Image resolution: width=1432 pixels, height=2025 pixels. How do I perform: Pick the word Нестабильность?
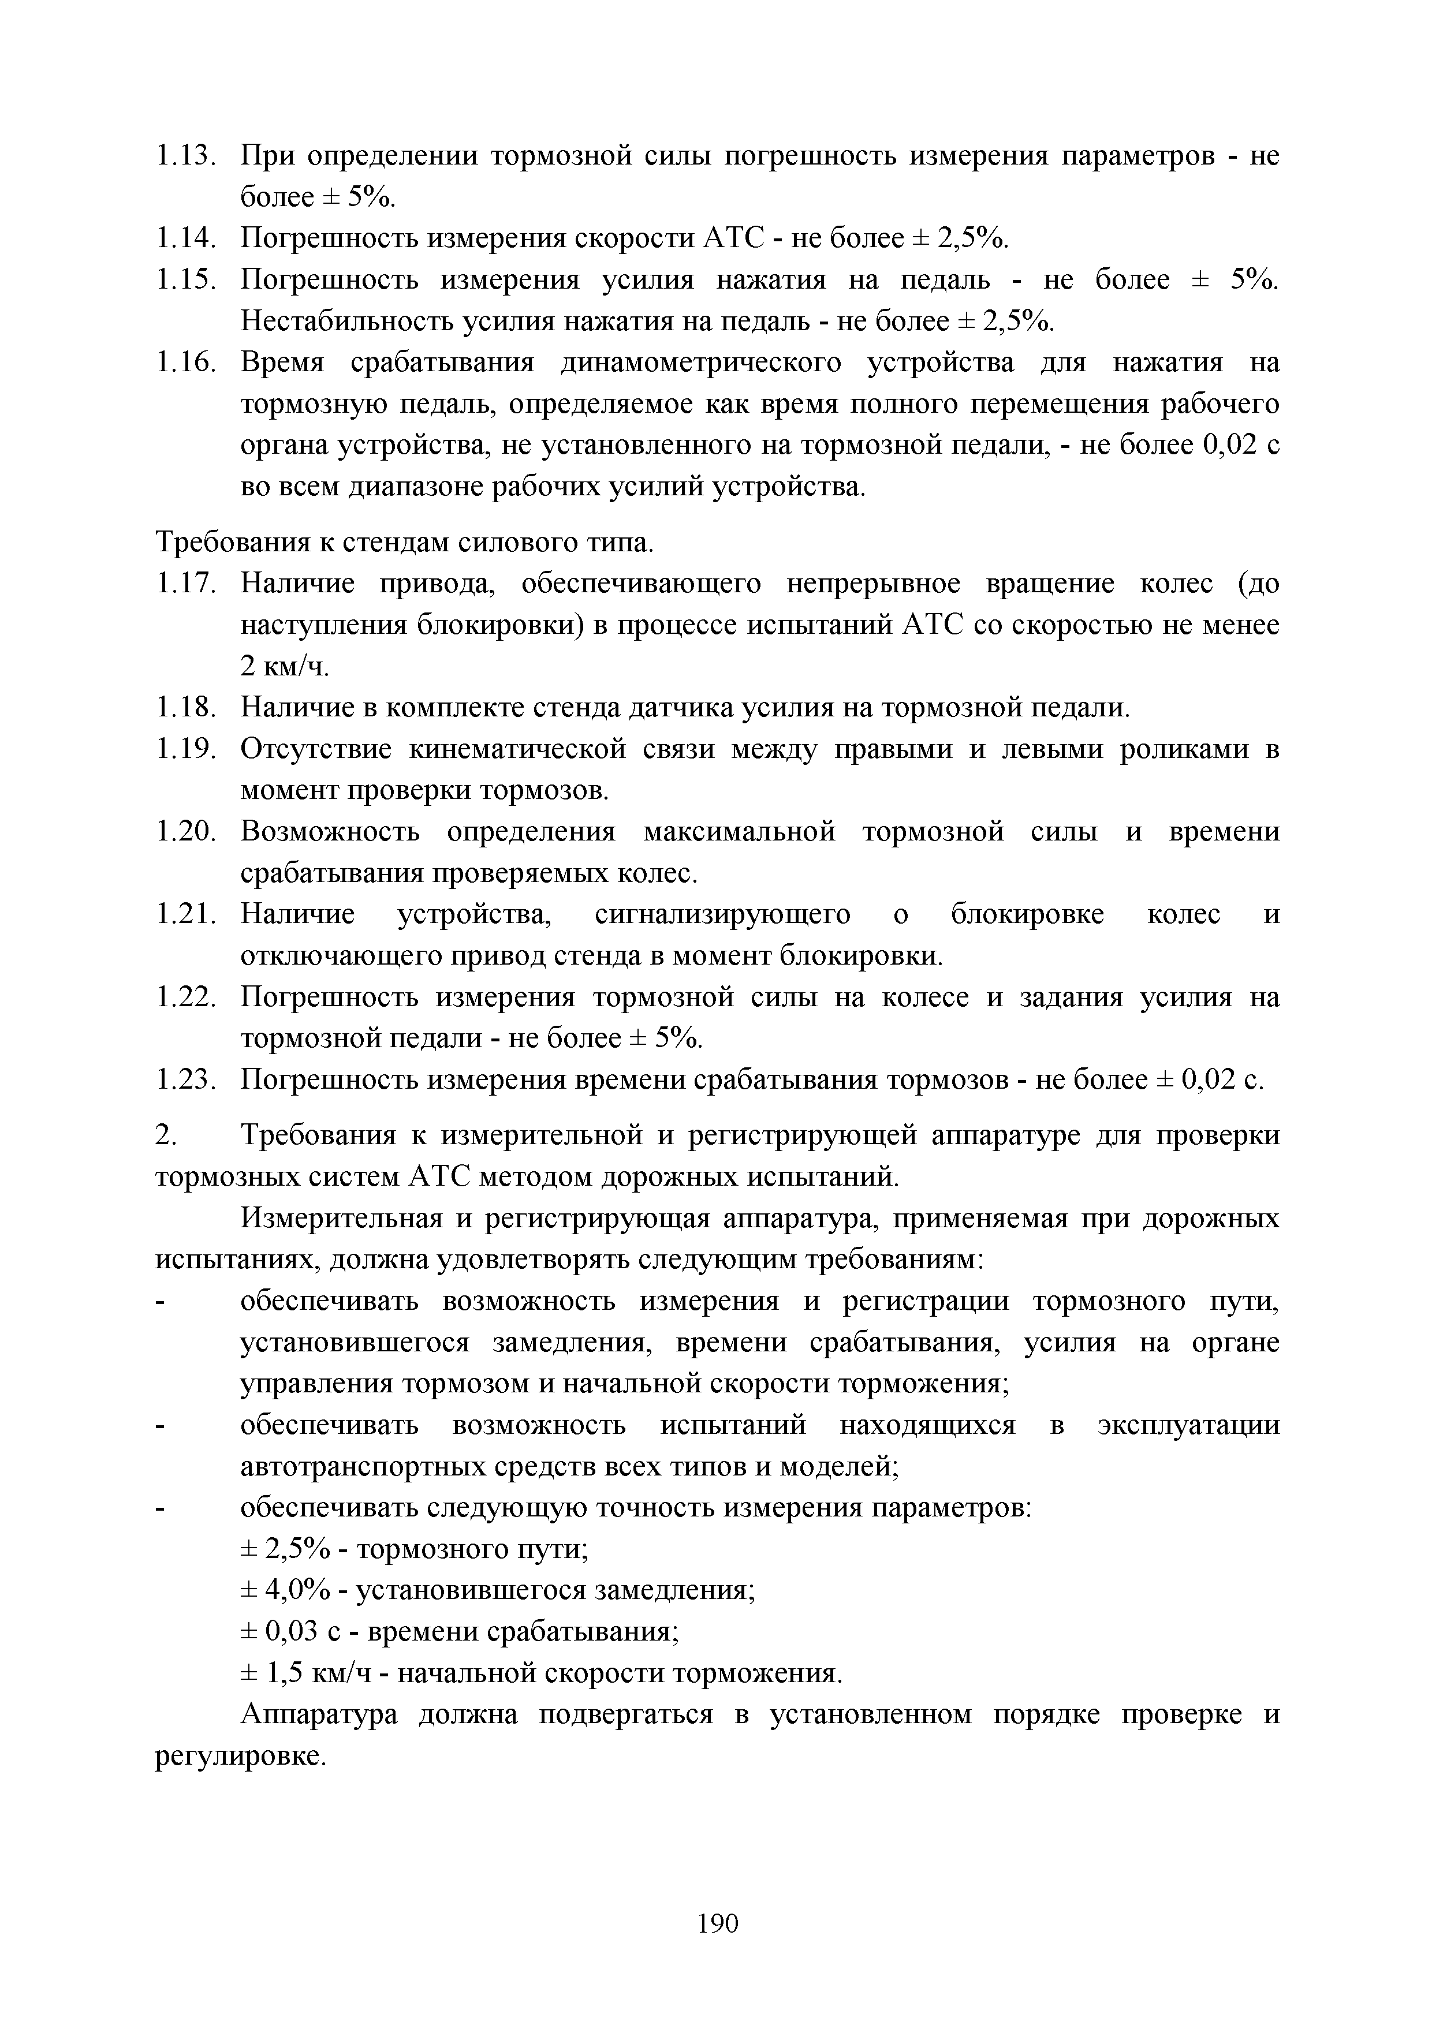pyautogui.click(x=347, y=322)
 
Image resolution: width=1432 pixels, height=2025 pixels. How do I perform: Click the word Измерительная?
pyautogui.click(x=341, y=1219)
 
